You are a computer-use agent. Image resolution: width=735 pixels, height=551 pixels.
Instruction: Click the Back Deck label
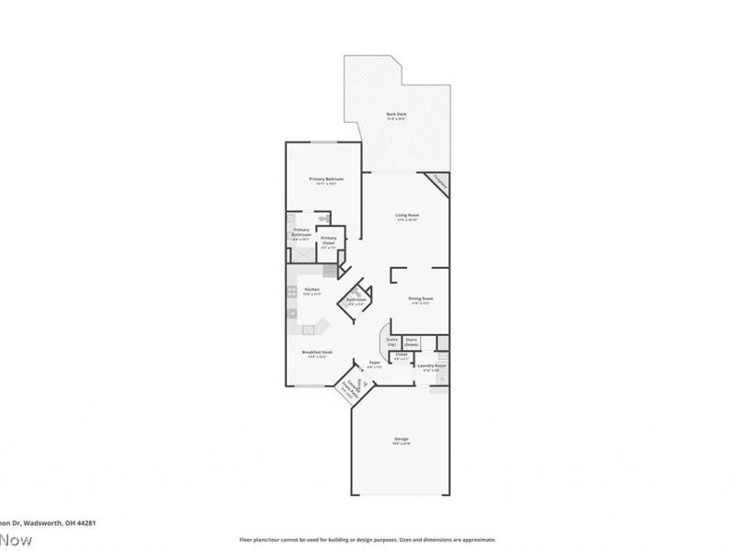[396, 115]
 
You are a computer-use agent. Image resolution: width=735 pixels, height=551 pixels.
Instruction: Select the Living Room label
[407, 217]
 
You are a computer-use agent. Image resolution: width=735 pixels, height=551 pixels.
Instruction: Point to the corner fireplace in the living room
[439, 182]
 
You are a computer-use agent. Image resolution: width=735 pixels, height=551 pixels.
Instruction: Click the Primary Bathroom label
[300, 233]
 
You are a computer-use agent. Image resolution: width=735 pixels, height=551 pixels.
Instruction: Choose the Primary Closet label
[329, 241]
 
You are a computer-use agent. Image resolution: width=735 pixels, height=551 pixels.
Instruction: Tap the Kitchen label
[311, 292]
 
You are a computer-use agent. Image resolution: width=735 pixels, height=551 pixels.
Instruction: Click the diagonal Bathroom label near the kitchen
[356, 300]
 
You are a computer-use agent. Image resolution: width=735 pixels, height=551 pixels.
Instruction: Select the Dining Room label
[420, 299]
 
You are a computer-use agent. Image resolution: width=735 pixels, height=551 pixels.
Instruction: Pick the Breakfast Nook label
[317, 354]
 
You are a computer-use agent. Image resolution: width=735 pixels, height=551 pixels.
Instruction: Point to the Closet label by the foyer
[401, 355]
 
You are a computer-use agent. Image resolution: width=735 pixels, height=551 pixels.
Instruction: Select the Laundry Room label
[432, 367]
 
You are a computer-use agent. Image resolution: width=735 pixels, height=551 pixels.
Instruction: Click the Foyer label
[375, 364]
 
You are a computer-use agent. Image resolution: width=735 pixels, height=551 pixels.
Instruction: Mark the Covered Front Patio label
[349, 385]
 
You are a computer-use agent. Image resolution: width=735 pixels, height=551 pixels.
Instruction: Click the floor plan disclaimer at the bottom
[367, 540]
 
